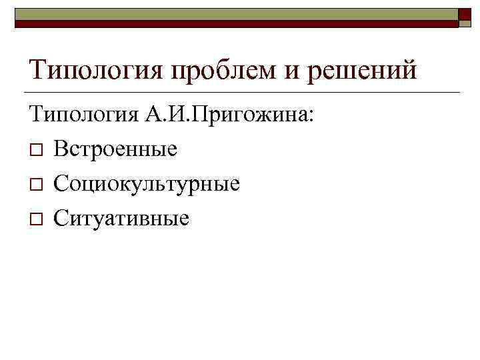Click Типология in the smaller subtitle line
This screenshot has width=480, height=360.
(83, 115)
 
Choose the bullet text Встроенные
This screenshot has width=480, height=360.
(116, 149)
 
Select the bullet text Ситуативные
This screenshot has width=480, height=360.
(121, 217)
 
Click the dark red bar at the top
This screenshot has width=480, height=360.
(233, 23)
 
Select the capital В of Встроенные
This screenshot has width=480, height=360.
(60, 149)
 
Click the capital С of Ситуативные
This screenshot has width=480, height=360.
(61, 217)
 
